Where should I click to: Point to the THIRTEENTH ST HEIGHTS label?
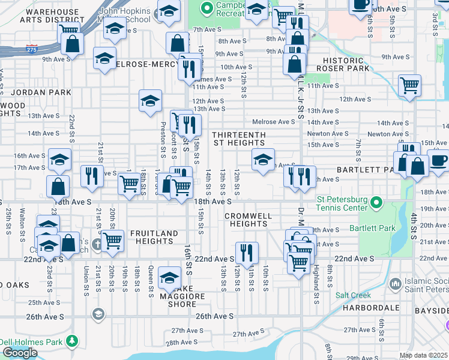coord(238,139)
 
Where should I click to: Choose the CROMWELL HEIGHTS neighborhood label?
coord(249,219)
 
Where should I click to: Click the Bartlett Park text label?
coord(384,228)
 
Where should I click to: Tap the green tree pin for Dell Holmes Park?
coord(72,341)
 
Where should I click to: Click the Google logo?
coord(20,353)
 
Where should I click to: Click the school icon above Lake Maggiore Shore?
coord(170,277)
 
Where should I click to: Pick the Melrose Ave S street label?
coord(274,122)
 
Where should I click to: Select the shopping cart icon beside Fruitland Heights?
coord(112,241)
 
